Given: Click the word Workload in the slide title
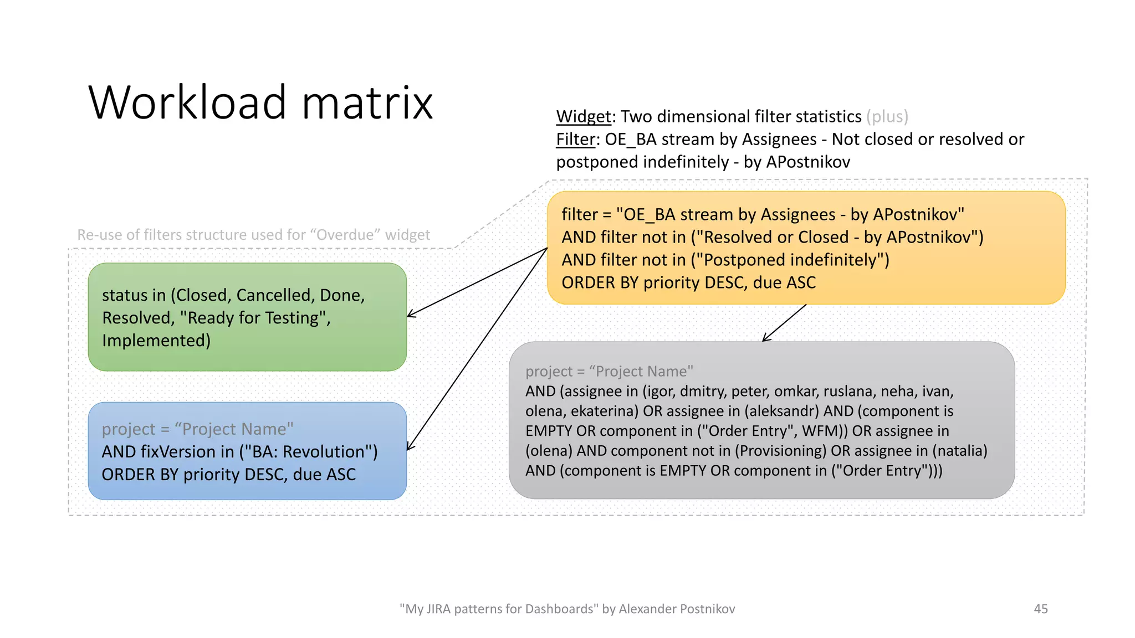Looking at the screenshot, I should pyautogui.click(x=187, y=102).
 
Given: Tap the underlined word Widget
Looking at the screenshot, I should pyautogui.click(x=583, y=116).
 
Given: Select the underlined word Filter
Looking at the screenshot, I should pyautogui.click(x=575, y=139).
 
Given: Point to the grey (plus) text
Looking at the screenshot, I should pyautogui.click(x=887, y=116).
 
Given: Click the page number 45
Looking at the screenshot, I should pyautogui.click(x=1040, y=609).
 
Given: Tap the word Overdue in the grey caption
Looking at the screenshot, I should pyautogui.click(x=345, y=235).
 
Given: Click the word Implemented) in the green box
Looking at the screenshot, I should pyautogui.click(x=156, y=340).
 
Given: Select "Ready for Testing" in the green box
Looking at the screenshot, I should pyautogui.click(x=254, y=318).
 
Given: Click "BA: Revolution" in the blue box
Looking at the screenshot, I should pyautogui.click(x=308, y=452).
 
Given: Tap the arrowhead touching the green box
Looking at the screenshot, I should pyautogui.click(x=410, y=316).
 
